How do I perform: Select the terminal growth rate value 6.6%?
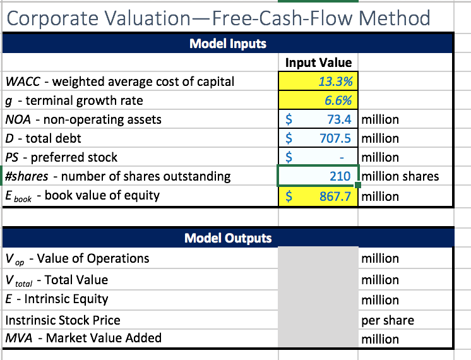[338, 100]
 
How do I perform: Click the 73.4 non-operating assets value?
[339, 119]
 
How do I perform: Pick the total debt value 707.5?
[336, 138]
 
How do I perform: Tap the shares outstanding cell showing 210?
[342, 176]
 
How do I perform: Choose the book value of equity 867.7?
[335, 196]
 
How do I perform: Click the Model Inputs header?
[228, 44]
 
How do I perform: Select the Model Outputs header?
[228, 238]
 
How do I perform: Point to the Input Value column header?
[318, 63]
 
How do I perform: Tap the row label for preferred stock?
[61, 157]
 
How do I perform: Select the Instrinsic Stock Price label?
[63, 320]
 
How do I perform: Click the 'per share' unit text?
[388, 320]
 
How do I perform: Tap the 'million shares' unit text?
[400, 176]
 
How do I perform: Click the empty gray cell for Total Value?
[318, 279]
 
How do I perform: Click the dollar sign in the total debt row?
[289, 138]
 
